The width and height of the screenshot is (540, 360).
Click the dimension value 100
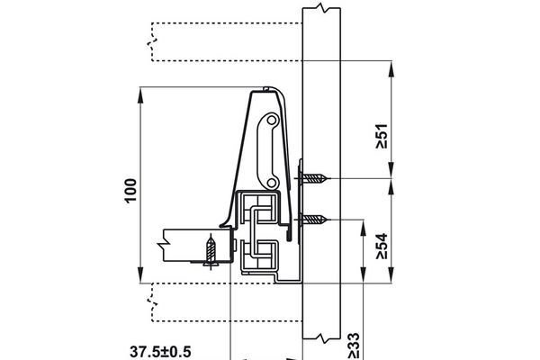point(130,187)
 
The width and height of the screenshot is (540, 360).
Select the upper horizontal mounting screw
point(315,178)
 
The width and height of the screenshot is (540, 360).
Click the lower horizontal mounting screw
point(315,219)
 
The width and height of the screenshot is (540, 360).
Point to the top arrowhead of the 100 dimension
point(142,92)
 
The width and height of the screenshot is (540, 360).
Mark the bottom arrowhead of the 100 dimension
point(142,277)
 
